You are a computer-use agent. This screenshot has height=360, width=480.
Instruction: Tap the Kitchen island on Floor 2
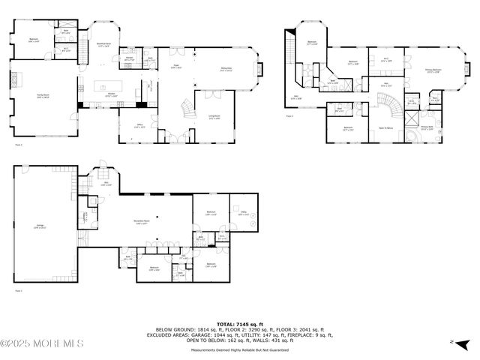(x=100, y=87)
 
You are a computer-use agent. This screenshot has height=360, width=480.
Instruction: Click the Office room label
(x=139, y=126)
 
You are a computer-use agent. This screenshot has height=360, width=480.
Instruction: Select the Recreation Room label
(x=140, y=222)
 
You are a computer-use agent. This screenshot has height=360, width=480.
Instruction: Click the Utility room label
(x=244, y=212)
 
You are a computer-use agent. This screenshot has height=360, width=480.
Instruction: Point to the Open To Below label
(x=387, y=128)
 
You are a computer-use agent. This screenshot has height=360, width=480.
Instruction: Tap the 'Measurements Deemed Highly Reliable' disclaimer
(x=240, y=349)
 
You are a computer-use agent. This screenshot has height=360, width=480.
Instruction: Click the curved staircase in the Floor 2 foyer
(x=184, y=112)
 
